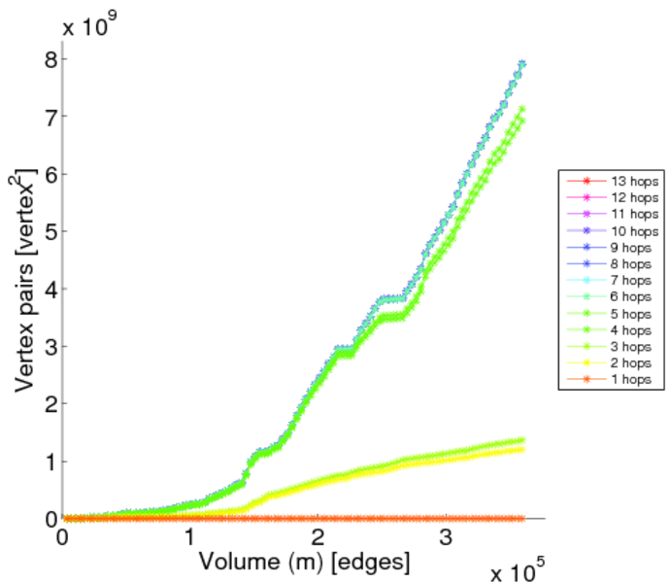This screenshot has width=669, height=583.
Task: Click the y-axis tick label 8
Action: click(50, 59)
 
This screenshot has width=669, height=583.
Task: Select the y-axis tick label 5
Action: click(50, 232)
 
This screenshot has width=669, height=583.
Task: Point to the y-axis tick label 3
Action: click(50, 347)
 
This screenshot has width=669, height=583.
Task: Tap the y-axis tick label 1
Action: click(50, 462)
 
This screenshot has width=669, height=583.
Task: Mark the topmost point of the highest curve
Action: click(521, 64)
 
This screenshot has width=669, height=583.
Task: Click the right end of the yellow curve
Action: click(521, 449)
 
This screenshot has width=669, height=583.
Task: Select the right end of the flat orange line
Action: click(521, 519)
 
